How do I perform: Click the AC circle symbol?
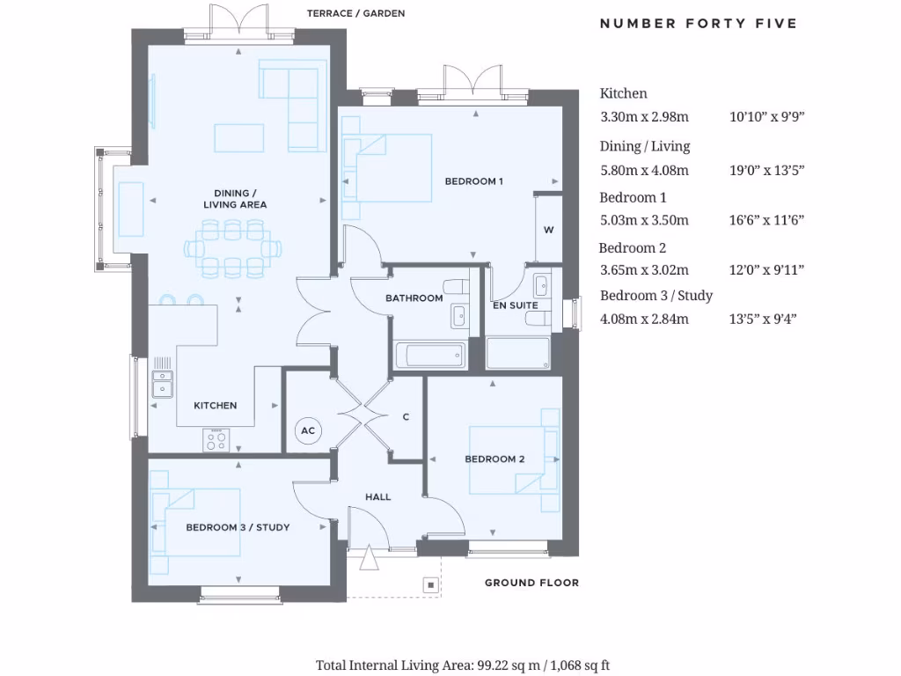point(308,430)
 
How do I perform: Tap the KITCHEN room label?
point(216,406)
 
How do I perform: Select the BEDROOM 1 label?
point(473,181)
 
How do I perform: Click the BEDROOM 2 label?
point(494,459)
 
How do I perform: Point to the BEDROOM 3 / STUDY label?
point(238,527)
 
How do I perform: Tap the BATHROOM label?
point(414,298)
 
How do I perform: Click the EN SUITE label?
point(515,305)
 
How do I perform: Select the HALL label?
point(378,497)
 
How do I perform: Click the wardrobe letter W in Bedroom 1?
point(548,231)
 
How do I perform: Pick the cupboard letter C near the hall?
point(406,417)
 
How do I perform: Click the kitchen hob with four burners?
point(216,439)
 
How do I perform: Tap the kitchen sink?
point(162,385)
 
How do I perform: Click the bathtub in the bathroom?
point(429,356)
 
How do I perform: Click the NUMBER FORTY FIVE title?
point(698,24)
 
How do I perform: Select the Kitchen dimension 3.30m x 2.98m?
point(644,116)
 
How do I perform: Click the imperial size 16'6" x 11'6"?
point(767,220)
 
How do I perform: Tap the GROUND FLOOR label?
point(531,583)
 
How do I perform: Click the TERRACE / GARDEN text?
point(355,14)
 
